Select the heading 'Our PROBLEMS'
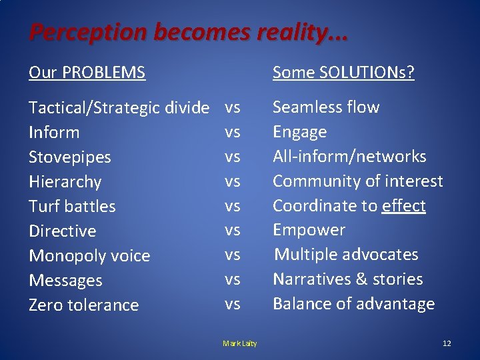[x=87, y=72]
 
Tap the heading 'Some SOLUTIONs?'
[x=343, y=72]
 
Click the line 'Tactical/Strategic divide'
[x=119, y=108]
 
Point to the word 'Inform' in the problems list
[x=54, y=133]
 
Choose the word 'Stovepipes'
[x=70, y=157]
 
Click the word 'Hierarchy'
[x=65, y=182]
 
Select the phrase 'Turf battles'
[x=72, y=207]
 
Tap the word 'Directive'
[x=63, y=231]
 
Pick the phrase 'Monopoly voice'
[x=89, y=256]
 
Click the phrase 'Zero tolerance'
[x=83, y=305]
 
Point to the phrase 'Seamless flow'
[x=326, y=107]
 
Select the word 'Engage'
[x=300, y=132]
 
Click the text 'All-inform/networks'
[x=349, y=157]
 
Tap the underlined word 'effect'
[x=404, y=206]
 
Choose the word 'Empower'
[x=309, y=230]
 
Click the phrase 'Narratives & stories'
[x=348, y=279]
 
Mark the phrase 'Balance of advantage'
[x=353, y=304]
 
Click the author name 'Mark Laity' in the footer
[x=240, y=343]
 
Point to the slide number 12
[x=447, y=343]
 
